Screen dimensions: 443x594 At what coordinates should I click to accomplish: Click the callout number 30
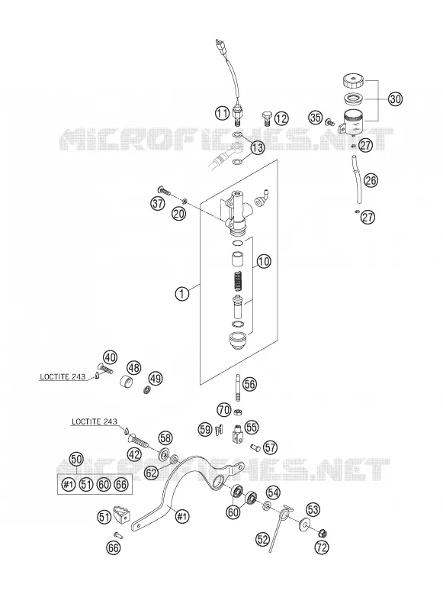395,99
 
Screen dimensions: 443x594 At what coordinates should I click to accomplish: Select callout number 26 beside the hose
371,180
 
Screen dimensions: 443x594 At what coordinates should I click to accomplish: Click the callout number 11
223,112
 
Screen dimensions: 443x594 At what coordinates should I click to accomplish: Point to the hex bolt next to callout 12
267,118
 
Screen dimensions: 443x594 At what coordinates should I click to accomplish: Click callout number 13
257,148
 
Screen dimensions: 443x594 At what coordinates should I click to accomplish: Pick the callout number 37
158,203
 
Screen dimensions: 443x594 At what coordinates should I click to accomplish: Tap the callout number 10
264,261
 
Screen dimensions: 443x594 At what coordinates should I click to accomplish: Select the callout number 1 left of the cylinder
182,294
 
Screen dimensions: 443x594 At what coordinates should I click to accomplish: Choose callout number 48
134,367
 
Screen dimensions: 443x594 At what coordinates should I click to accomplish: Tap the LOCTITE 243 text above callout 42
95,421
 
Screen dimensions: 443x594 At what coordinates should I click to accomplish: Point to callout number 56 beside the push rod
249,384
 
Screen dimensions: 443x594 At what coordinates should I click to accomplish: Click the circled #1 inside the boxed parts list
68,485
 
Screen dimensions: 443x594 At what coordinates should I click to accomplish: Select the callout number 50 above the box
76,459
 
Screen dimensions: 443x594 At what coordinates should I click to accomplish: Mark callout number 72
322,547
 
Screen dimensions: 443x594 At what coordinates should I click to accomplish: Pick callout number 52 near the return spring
262,539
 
